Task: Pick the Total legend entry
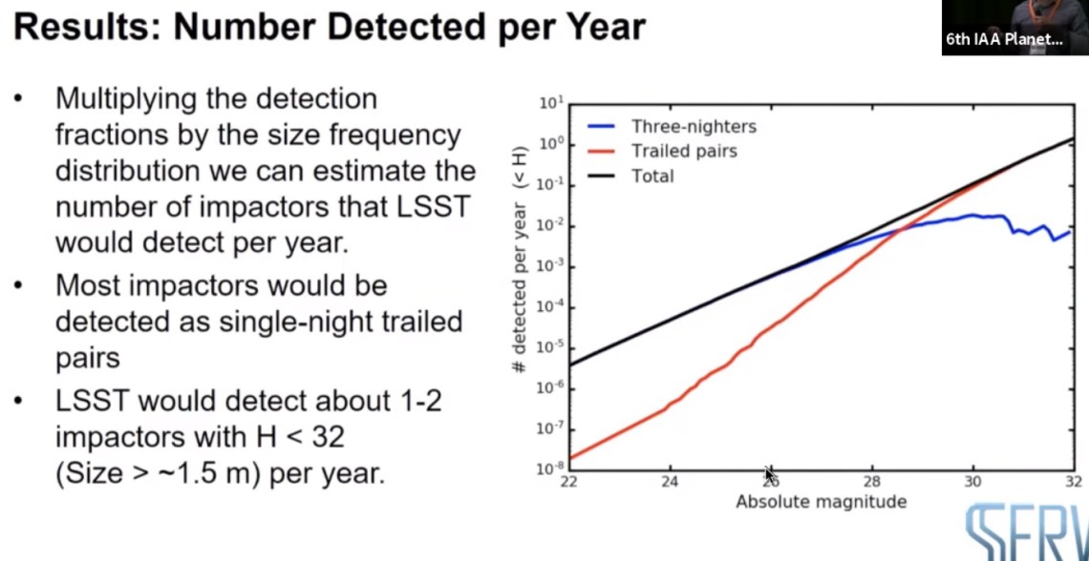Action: tap(652, 176)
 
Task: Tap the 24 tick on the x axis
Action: tap(669, 481)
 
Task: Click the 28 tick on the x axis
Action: tap(871, 481)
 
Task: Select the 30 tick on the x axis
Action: tap(972, 481)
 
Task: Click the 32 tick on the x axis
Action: tap(1073, 481)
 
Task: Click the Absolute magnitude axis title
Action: tap(821, 502)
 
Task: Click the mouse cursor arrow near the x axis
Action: tap(770, 474)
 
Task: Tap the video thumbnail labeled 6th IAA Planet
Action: tap(1014, 28)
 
